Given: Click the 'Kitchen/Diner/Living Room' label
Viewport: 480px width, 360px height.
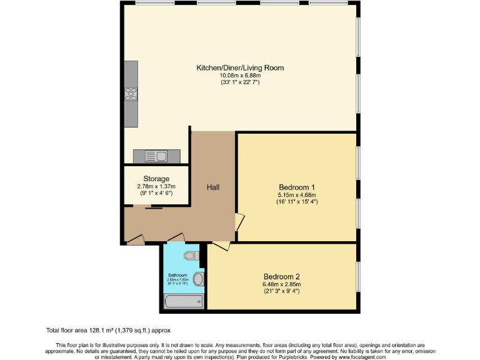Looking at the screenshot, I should (x=240, y=67).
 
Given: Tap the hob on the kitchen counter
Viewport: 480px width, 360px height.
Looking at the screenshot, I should (x=131, y=94).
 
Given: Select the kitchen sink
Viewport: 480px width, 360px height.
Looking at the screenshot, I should (x=156, y=155).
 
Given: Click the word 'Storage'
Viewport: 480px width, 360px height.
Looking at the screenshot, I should (x=156, y=179).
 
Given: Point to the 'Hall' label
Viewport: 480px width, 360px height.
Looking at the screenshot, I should (x=212, y=187).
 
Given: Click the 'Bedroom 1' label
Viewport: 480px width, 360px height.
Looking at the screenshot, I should (x=296, y=187).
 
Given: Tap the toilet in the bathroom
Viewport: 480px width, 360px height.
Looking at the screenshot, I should (x=192, y=255).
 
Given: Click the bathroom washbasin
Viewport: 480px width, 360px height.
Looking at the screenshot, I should (x=198, y=279).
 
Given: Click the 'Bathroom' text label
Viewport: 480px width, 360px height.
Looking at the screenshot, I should (x=177, y=275).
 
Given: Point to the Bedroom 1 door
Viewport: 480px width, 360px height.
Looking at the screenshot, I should (x=239, y=222).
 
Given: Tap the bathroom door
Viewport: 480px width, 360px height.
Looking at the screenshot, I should (x=176, y=237).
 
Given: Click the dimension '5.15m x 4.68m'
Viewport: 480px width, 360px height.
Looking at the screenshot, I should (x=296, y=194).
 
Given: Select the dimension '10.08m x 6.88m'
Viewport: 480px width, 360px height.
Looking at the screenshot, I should (x=240, y=75).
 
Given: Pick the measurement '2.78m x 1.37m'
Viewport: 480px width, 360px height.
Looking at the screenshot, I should (x=156, y=186).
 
